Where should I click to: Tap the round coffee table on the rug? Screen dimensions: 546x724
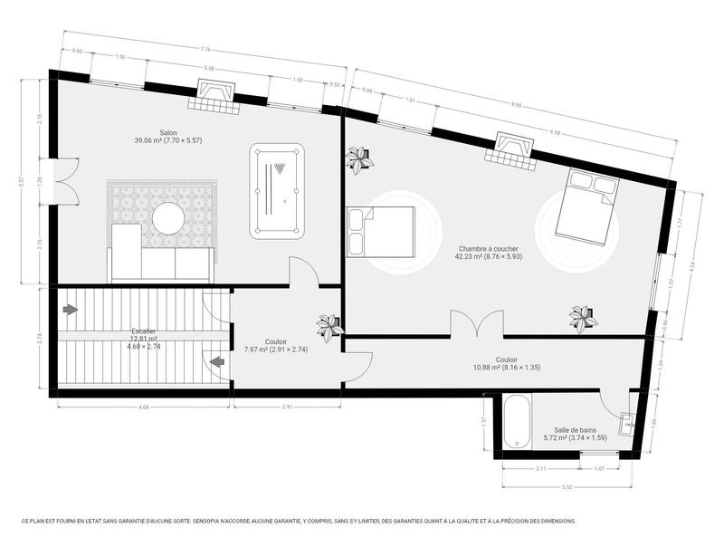(168, 217)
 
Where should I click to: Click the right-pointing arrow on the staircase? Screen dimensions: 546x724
(71, 310)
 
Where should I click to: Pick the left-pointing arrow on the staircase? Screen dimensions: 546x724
(217, 363)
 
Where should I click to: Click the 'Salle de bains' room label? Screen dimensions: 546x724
(575, 430)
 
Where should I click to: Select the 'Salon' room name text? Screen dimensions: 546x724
(168, 132)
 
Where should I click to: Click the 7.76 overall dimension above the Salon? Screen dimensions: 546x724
(205, 49)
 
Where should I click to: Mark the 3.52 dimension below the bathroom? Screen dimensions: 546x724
(567, 486)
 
